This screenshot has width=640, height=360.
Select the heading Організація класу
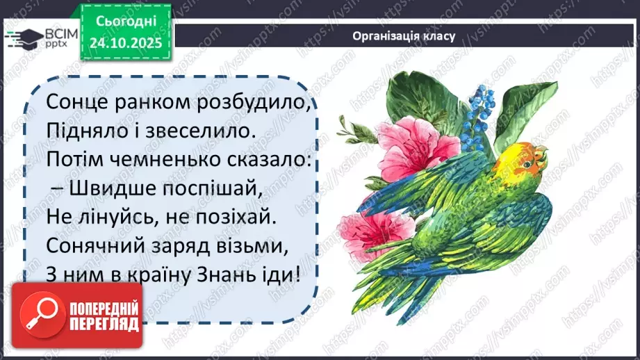[x=404, y=36]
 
